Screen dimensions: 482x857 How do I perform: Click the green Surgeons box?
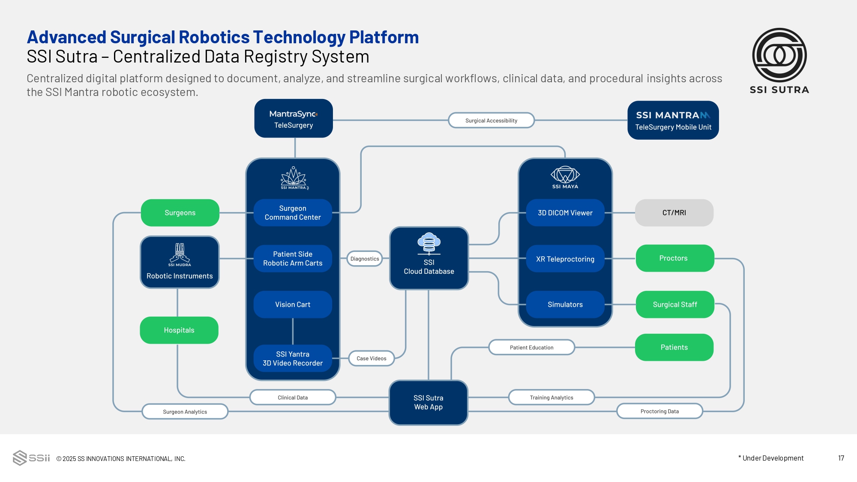click(180, 213)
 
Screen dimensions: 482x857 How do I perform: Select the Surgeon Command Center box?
click(293, 213)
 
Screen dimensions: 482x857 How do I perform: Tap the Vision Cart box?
click(293, 304)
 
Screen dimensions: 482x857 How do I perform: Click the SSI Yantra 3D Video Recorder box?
click(293, 358)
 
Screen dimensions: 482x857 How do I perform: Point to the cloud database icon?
click(429, 243)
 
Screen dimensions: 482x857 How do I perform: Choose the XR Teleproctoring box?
click(565, 259)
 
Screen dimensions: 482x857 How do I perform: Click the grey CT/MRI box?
click(674, 213)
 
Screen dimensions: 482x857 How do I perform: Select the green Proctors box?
click(674, 258)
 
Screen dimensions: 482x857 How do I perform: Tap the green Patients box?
click(674, 347)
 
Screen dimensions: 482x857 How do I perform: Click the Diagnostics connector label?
click(365, 259)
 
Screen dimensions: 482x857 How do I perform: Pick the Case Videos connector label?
click(372, 358)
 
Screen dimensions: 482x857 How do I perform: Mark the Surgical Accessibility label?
click(491, 120)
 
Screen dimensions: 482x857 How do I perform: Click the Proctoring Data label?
click(659, 411)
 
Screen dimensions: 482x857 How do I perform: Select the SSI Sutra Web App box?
click(428, 402)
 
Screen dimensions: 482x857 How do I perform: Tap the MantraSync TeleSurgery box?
click(294, 119)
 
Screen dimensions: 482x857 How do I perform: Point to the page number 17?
click(841, 458)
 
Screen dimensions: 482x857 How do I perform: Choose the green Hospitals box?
click(179, 330)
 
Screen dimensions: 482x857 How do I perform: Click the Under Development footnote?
click(771, 458)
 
